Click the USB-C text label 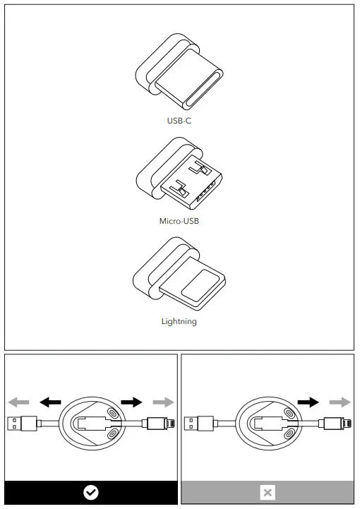(179, 121)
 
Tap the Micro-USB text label (179, 221)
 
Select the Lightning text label (179, 322)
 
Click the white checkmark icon (91, 493)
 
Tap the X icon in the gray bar (268, 493)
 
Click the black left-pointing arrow (50, 402)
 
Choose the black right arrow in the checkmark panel (131, 402)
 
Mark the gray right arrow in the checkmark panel (163, 402)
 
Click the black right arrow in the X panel (308, 402)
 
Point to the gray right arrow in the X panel (340, 402)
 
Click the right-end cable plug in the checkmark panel (157, 425)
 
